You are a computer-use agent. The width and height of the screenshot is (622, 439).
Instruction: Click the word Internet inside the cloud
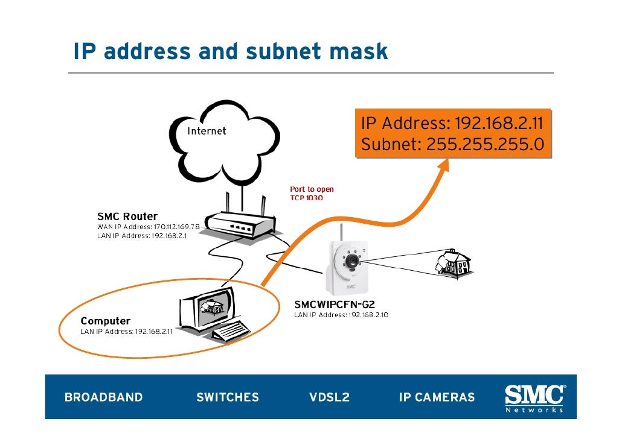point(207,131)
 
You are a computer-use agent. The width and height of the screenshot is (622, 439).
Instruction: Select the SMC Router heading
point(127,216)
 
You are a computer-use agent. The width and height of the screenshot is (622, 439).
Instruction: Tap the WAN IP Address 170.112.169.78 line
point(148,226)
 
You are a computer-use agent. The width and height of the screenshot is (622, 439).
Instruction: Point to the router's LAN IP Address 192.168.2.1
point(142,236)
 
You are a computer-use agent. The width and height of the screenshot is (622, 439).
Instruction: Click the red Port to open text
point(312,189)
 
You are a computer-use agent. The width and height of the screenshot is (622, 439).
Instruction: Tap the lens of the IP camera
point(350,261)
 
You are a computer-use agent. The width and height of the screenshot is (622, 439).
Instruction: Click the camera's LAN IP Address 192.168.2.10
point(341,315)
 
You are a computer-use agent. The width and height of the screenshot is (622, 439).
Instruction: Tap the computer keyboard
point(231,331)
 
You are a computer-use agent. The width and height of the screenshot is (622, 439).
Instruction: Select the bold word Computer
point(106,321)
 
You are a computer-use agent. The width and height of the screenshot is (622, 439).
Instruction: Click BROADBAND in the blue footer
point(103,397)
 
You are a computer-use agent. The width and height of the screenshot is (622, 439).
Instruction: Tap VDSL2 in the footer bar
point(329,397)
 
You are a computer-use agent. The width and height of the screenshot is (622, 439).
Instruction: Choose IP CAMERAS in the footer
point(437,397)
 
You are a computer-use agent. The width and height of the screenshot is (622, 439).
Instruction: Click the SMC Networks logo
point(534,398)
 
